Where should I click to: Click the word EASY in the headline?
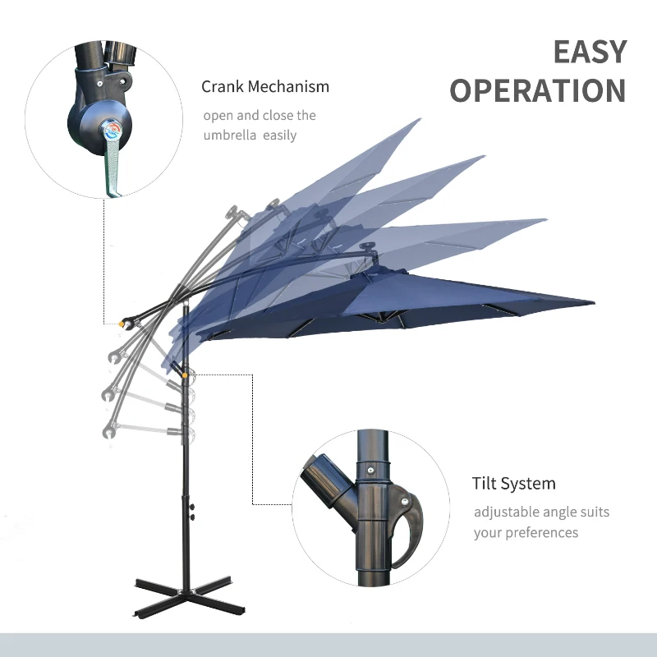(589, 52)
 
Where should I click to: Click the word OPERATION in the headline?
(538, 90)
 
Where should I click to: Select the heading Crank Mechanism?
(265, 86)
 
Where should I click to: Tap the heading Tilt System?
(513, 483)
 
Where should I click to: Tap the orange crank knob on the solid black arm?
(122, 324)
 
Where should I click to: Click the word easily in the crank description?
(279, 136)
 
